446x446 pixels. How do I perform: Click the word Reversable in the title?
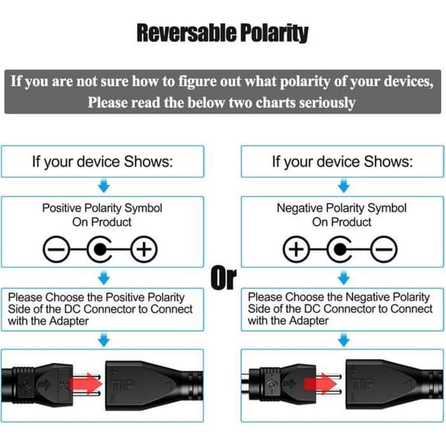(187, 33)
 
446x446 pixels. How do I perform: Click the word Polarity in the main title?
(274, 34)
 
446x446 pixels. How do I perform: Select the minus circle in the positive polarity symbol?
(56, 250)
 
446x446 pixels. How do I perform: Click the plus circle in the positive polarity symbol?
(144, 250)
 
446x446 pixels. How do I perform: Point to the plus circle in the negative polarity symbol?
(297, 250)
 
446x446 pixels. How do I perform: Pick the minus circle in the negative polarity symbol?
(384, 250)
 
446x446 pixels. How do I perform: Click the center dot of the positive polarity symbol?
(100, 250)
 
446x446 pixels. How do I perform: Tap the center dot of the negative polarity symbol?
(340, 250)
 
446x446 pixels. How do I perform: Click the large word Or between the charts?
(224, 277)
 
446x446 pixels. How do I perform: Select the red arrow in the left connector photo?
(86, 384)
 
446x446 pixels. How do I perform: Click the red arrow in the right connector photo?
(320, 384)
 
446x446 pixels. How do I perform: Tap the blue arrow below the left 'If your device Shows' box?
(104, 186)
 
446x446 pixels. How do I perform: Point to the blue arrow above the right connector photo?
(343, 340)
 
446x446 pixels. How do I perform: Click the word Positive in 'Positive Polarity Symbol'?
(62, 208)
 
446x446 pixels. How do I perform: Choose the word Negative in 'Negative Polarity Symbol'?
(300, 208)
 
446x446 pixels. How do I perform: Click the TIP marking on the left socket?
(122, 385)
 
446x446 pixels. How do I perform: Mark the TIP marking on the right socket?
(363, 384)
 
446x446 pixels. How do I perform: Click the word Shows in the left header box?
(148, 161)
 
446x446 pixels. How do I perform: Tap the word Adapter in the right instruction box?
(308, 321)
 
